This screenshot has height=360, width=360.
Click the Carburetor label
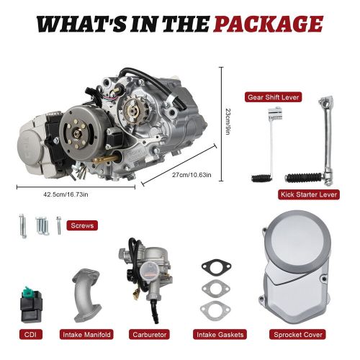coord(148,335)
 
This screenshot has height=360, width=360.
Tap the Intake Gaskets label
coord(220,335)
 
